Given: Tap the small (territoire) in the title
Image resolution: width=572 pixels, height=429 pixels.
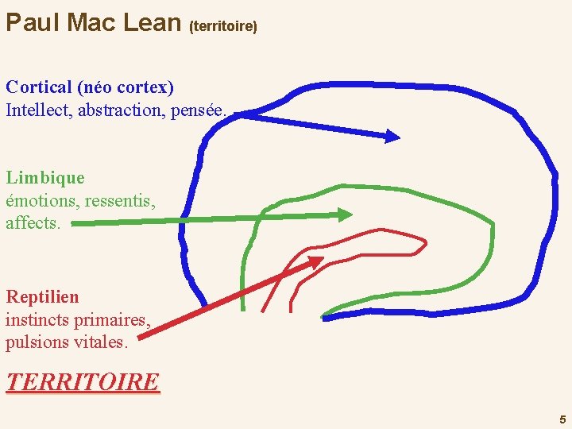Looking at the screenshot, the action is [x=223, y=26].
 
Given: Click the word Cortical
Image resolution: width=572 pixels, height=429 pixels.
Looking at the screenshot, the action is [x=39, y=87].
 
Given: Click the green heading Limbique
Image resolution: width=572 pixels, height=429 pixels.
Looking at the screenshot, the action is [x=44, y=177].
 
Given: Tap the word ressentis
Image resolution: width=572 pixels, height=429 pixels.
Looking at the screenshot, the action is [x=120, y=200].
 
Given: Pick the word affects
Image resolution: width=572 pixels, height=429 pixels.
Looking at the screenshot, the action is [x=33, y=223].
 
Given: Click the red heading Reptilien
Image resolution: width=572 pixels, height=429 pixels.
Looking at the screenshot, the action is [x=43, y=297].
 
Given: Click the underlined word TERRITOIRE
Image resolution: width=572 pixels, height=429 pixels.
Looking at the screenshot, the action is [x=83, y=382].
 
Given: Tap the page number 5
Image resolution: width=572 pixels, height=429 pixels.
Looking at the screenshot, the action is [x=562, y=419].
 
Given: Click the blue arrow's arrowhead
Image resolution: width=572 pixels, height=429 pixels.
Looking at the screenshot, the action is [x=393, y=137].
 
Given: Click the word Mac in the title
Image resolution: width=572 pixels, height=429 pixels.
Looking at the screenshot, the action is [x=95, y=22].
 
